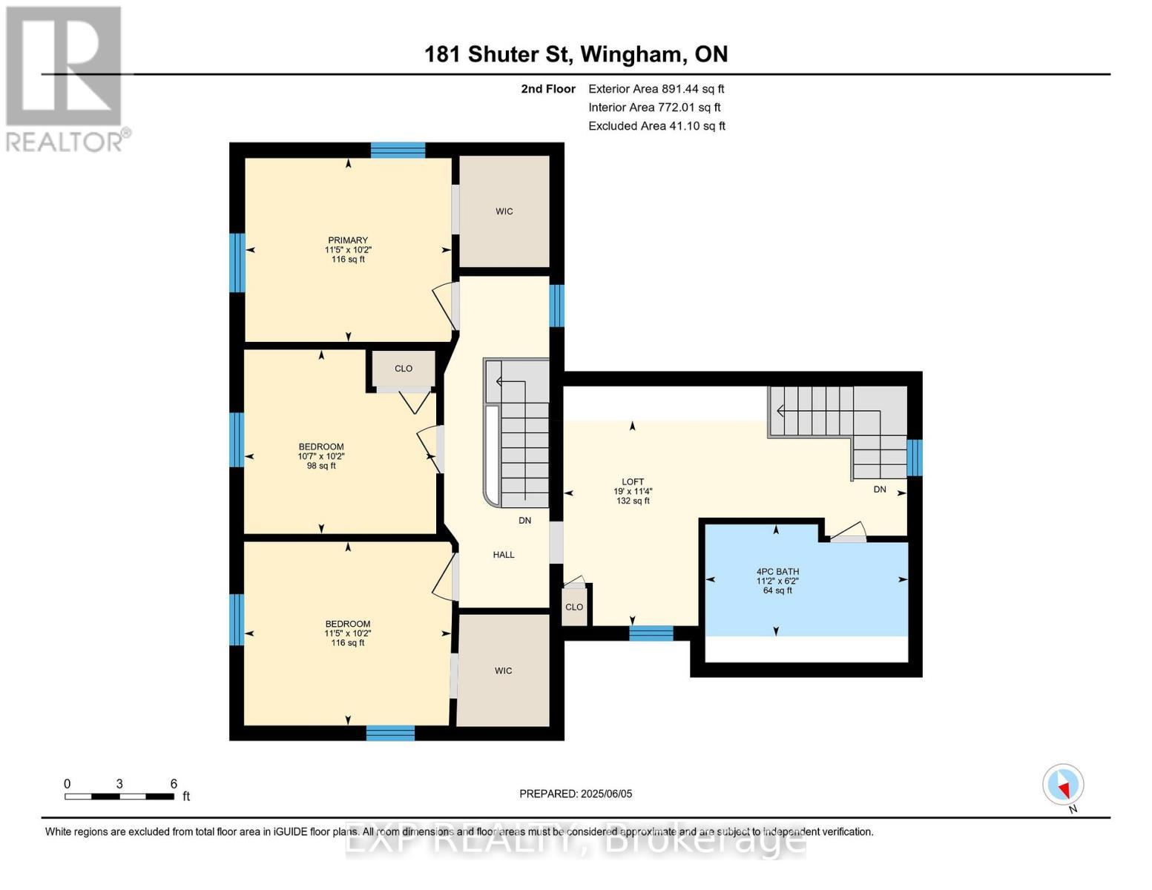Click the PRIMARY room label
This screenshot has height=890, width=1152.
point(348,240)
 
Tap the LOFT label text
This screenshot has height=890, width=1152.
point(633,482)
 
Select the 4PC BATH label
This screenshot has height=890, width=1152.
point(777,571)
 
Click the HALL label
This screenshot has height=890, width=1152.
point(504,555)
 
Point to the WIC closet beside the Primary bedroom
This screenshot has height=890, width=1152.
point(504,211)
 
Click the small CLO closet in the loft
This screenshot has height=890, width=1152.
point(574,607)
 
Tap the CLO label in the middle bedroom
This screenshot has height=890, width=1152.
point(404,369)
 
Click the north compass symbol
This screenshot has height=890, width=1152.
point(1063,785)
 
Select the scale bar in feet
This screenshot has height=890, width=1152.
point(120,796)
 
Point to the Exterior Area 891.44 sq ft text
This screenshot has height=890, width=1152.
point(656,89)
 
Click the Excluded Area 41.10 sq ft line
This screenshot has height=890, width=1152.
point(656,126)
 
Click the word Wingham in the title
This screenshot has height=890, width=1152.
point(630,55)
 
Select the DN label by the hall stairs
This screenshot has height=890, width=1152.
point(525,521)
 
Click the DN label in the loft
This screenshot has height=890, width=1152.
point(880,489)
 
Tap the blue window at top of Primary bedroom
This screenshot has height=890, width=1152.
point(398,150)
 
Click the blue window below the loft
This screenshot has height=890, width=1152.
point(651,633)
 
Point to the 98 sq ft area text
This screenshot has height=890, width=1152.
point(321,466)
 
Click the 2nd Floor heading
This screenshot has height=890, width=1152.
point(548,89)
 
